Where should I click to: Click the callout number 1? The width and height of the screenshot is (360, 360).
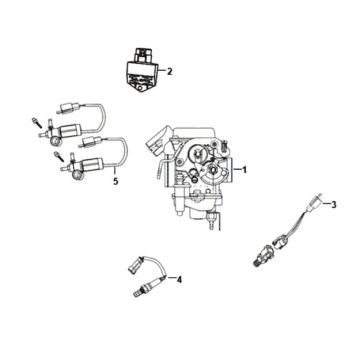click(244, 170)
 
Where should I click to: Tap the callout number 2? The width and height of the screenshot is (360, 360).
click(170, 71)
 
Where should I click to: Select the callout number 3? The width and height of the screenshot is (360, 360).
click(333, 204)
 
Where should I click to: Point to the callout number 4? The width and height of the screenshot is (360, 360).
click(179, 280)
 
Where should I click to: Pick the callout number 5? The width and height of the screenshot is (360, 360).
click(116, 182)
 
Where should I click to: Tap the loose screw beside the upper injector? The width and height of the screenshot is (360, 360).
click(36, 122)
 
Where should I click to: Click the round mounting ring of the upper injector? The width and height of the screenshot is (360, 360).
click(55, 142)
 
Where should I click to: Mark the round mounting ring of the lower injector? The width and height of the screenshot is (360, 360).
click(78, 175)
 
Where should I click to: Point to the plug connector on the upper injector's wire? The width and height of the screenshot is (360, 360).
click(68, 108)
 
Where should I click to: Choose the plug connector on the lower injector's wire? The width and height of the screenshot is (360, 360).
click(90, 142)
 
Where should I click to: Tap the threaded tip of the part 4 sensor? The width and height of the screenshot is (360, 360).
click(135, 294)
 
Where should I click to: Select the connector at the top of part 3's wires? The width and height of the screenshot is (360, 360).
click(314, 202)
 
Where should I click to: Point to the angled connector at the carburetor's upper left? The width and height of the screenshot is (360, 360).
click(155, 142)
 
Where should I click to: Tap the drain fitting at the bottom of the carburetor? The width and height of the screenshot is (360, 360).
click(211, 221)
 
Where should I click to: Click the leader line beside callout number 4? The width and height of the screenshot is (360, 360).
click(170, 277)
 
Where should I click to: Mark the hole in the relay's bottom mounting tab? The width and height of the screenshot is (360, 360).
click(141, 87)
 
